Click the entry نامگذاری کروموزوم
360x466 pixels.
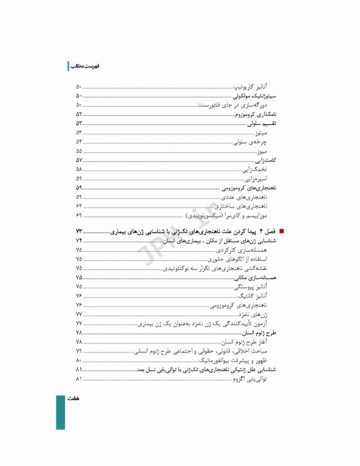[x=257, y=113]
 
